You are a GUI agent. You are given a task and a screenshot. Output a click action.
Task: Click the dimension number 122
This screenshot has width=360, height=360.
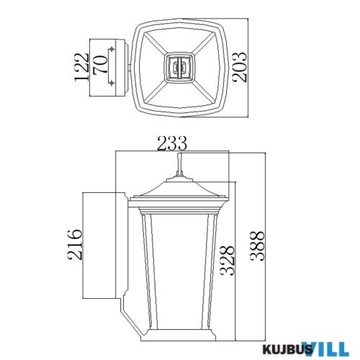[81, 68]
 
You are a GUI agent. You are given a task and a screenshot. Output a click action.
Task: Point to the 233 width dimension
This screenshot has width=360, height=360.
[173, 143]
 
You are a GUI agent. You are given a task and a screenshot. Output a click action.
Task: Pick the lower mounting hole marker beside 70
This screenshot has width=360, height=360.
[112, 85]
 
